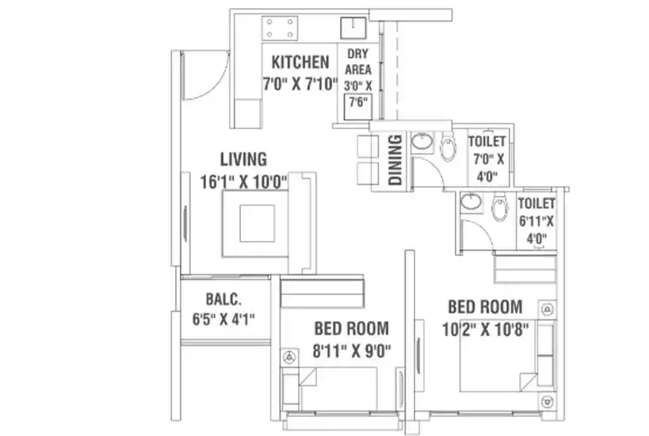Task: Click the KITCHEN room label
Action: click(300, 62)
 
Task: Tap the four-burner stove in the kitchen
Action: click(280, 29)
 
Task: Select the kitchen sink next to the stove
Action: click(353, 28)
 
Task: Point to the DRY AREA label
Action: click(358, 62)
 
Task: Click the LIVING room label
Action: click(243, 159)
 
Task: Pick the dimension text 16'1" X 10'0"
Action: click(244, 182)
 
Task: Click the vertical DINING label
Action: click(395, 159)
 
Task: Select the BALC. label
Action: click(223, 299)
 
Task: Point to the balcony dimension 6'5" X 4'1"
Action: click(223, 319)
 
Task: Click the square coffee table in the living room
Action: click(257, 224)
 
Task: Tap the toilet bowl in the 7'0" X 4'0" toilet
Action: click(448, 147)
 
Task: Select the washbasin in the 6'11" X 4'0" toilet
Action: click(471, 202)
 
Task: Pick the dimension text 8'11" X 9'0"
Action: click(352, 351)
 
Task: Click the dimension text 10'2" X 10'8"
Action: click(485, 330)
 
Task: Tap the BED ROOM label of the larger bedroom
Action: click(485, 308)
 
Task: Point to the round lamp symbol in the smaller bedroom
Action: click(290, 357)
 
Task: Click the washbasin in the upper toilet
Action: click(422, 141)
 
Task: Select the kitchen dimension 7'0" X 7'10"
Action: click(300, 84)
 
